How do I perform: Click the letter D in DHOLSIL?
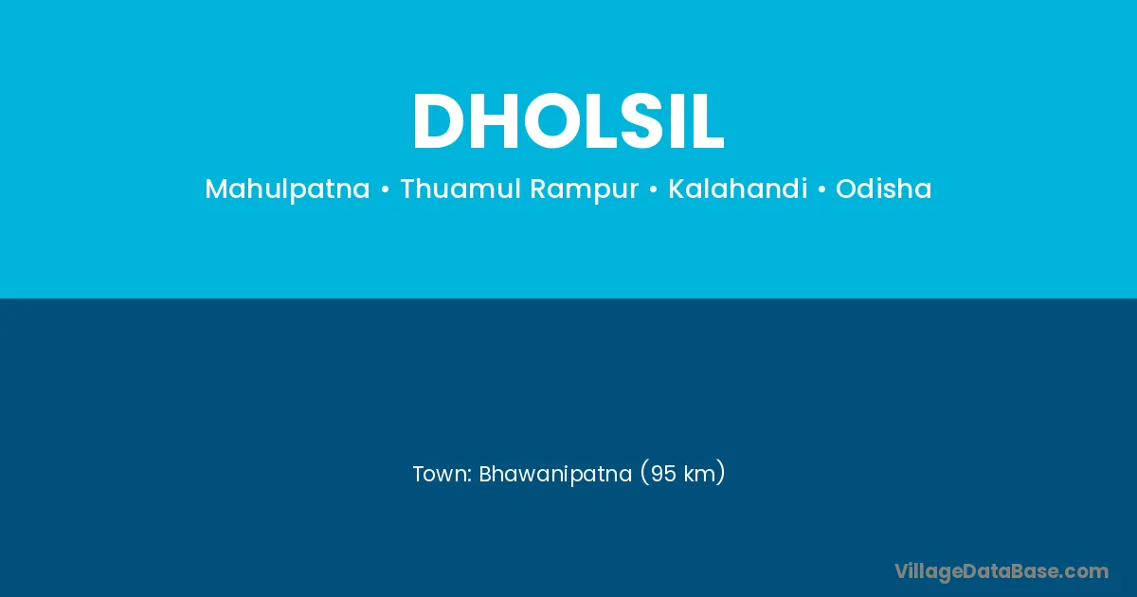pos(439,121)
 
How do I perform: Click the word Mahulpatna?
pos(287,190)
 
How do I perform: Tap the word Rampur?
pos(585,190)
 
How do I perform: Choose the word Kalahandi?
pos(737,189)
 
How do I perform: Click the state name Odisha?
pos(884,189)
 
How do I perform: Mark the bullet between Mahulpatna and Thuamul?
pos(385,190)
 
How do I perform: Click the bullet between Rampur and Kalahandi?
pos(653,190)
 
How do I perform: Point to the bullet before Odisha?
pos(821,190)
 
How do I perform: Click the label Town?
pos(442,474)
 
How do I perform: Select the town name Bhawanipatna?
pos(555,475)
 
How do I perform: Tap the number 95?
pos(663,474)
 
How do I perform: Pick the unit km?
pos(699,474)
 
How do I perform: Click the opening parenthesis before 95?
pos(644,474)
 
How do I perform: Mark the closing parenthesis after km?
pos(721,474)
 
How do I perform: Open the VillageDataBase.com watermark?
pos(1002,572)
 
